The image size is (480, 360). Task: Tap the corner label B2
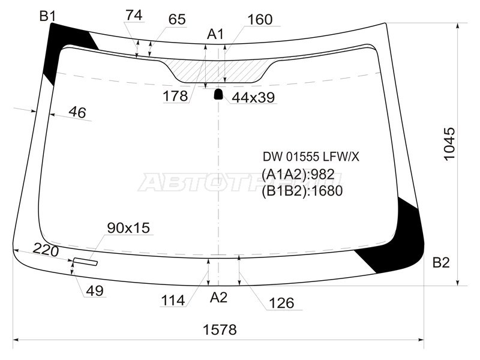440,262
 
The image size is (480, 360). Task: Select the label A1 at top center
215,34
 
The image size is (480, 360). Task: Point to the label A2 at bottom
219,296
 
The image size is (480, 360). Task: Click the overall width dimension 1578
219,329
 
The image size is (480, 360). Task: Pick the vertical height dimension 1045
449,143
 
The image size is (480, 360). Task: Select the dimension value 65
176,19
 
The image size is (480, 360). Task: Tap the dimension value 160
259,19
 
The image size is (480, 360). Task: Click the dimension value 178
175,96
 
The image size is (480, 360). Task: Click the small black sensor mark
218,94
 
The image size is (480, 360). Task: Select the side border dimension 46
77,112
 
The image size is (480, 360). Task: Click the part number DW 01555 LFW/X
310,157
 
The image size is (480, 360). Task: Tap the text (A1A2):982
298,175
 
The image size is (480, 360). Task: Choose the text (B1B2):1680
302,191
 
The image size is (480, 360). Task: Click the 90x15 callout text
128,227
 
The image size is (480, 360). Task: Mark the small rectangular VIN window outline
85,262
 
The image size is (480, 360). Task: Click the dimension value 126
281,303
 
